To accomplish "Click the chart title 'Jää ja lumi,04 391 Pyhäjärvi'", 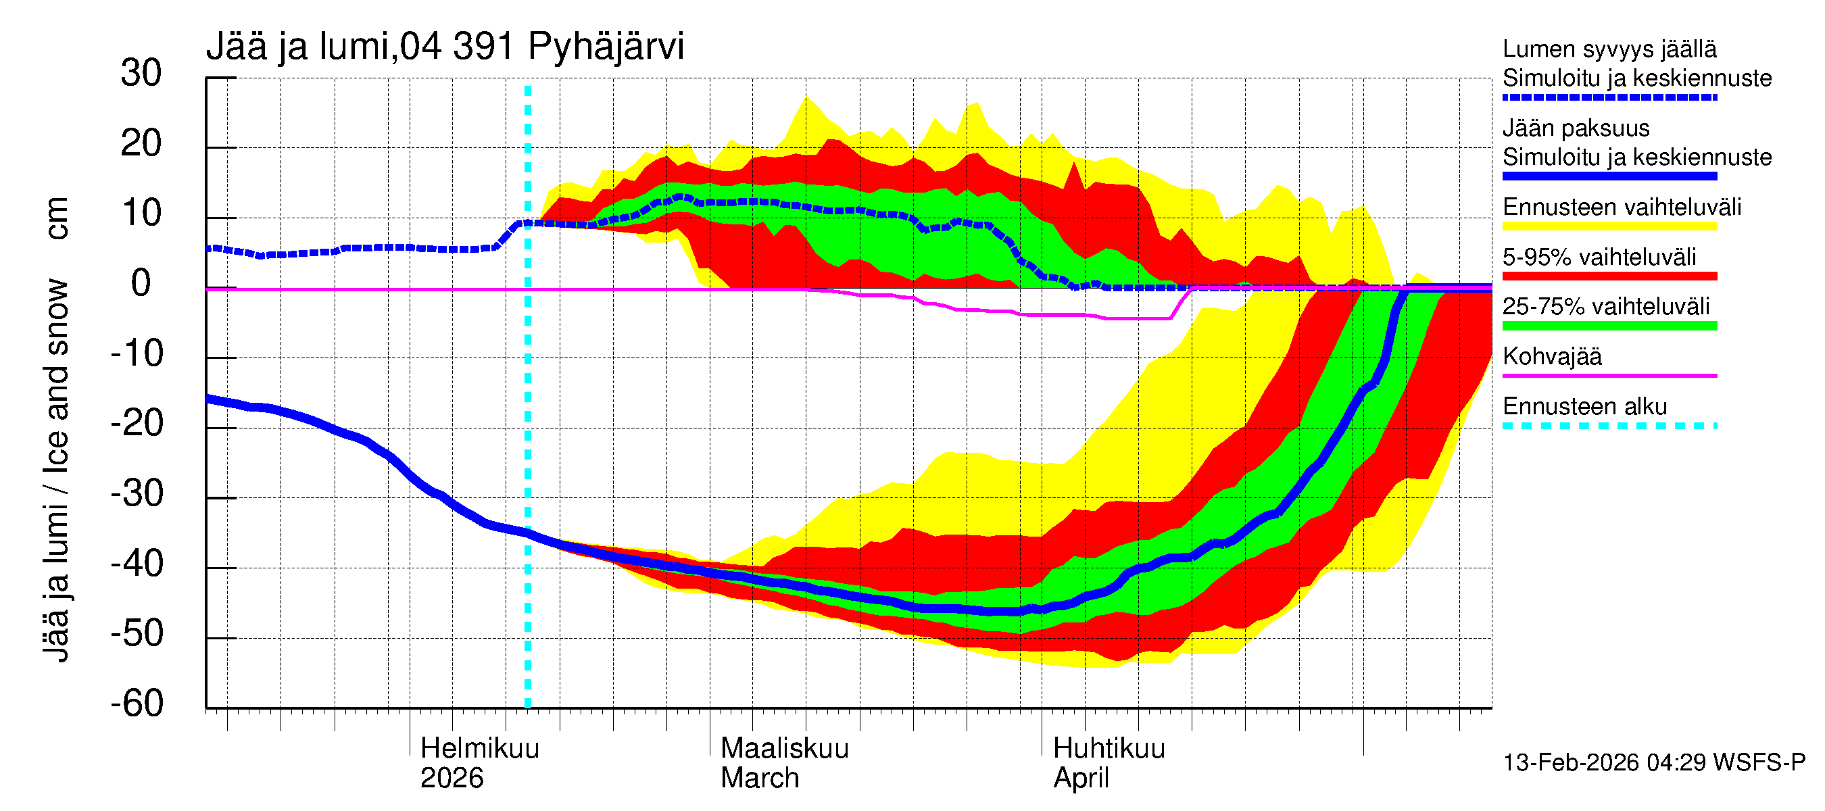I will click(445, 47).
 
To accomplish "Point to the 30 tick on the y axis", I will click(141, 73).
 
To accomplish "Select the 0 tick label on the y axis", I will click(141, 283).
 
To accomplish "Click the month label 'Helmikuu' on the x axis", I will click(480, 748).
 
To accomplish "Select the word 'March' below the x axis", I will click(760, 778).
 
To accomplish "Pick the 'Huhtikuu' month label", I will click(1109, 748).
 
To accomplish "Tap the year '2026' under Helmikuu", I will click(452, 778).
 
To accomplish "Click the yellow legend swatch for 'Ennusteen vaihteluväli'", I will click(1609, 226).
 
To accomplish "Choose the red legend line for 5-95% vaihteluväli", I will click(1609, 276).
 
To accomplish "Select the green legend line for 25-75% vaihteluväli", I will click(1609, 326).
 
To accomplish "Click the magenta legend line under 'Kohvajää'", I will click(1609, 375).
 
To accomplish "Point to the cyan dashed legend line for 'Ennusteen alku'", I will click(1609, 426).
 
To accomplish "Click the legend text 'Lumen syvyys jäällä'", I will click(1609, 49).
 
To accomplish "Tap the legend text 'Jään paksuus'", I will click(1576, 128).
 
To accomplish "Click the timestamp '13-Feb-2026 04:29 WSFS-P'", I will click(1653, 762).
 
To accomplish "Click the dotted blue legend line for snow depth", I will click(1609, 98).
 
